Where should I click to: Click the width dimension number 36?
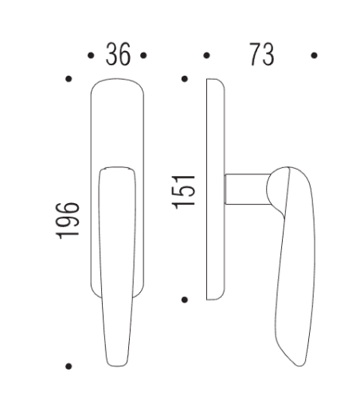pyautogui.click(x=118, y=55)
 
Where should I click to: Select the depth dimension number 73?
pyautogui.click(x=261, y=55)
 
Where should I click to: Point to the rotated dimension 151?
pyautogui.click(x=184, y=190)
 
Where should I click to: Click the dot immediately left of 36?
pyautogui.click(x=90, y=56)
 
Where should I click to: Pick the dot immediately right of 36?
pyautogui.click(x=143, y=56)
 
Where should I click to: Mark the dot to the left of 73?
pyautogui.click(x=207, y=56)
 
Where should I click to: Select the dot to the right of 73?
pyautogui.click(x=315, y=56)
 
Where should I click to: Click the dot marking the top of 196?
pyautogui.click(x=70, y=79)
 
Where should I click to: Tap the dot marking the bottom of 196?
pyautogui.click(x=70, y=366)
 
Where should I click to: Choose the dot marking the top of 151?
pyautogui.click(x=185, y=79)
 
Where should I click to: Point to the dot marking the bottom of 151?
pyautogui.click(x=185, y=299)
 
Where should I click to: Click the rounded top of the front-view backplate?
pyautogui.click(x=118, y=82)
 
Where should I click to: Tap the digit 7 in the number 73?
pyautogui.click(x=253, y=55)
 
